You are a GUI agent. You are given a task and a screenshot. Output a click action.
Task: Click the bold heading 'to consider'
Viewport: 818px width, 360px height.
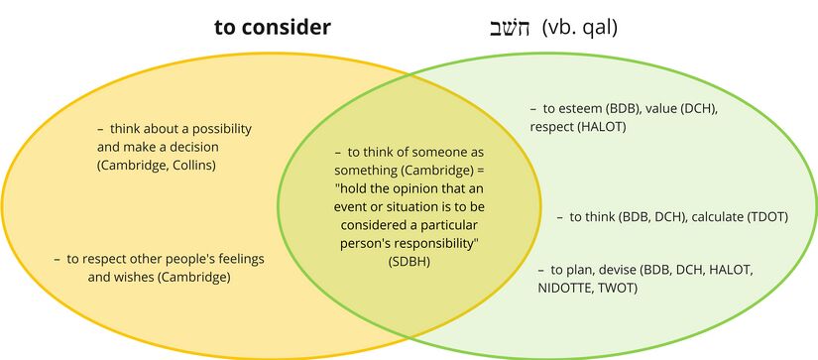coord(272,28)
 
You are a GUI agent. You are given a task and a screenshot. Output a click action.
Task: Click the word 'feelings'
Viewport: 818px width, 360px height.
coord(239,259)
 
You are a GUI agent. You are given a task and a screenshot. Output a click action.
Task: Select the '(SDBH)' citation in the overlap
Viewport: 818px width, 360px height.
coord(409,260)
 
